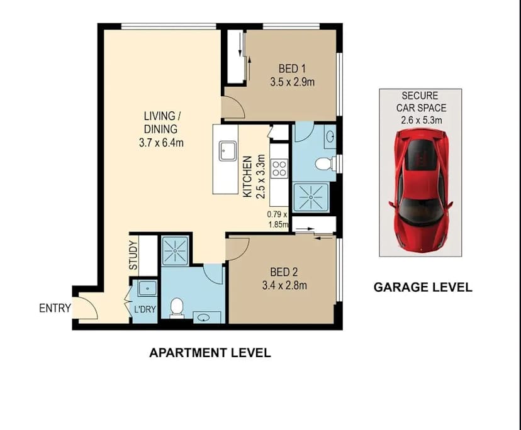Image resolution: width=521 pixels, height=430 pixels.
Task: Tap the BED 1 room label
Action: (x=291, y=69)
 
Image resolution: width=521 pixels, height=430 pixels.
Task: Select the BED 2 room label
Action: (x=283, y=272)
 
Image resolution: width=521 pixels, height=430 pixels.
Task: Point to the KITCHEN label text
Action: (x=248, y=177)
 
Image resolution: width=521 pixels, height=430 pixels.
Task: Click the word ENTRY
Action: (x=55, y=309)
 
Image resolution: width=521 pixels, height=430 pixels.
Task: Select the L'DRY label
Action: (x=145, y=309)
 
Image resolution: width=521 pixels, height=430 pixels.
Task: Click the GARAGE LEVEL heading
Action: (x=423, y=287)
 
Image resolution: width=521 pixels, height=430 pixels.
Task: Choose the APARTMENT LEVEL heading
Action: (x=210, y=353)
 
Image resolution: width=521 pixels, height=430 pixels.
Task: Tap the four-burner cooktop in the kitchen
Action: (x=279, y=168)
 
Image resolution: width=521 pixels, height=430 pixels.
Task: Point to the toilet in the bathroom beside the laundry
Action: (x=177, y=307)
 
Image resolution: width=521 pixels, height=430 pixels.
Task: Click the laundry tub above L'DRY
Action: (x=147, y=289)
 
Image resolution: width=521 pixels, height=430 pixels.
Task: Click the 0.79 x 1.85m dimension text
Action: (x=277, y=218)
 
